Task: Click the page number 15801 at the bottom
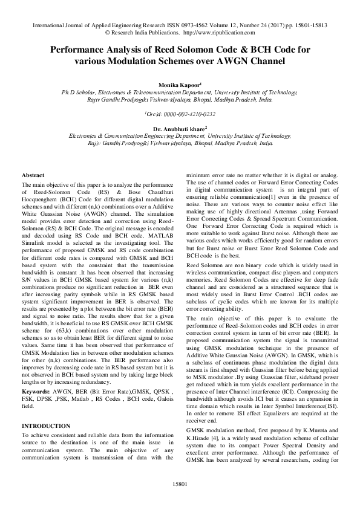(x=180, y=484)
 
